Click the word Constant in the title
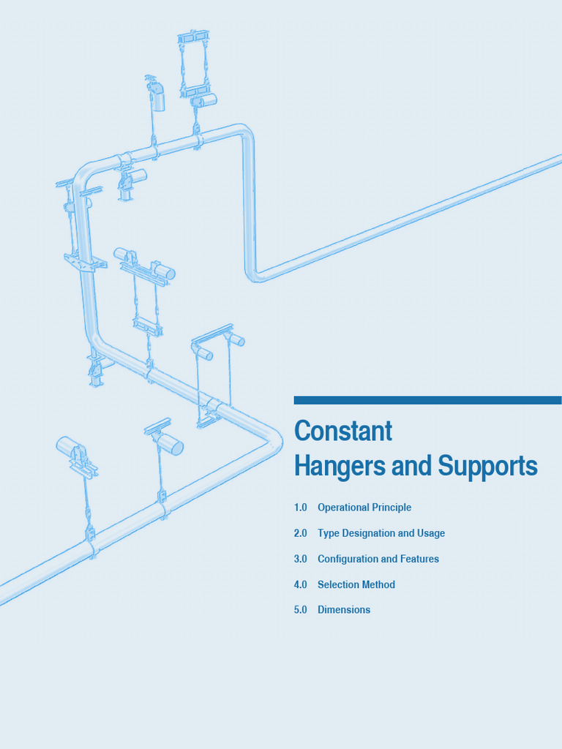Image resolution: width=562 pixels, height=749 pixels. click(x=343, y=432)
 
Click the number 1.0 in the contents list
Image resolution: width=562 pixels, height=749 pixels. click(x=301, y=508)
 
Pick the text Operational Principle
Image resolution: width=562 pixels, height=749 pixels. click(x=364, y=508)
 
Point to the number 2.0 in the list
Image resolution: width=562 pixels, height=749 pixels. click(x=301, y=533)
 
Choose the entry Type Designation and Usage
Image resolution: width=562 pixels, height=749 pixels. click(x=381, y=533)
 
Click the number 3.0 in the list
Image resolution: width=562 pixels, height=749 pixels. click(x=301, y=559)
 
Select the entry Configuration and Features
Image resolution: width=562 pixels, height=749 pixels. click(x=378, y=559)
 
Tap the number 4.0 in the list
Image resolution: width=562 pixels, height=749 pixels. click(x=301, y=584)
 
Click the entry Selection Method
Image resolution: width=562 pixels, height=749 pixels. click(x=356, y=584)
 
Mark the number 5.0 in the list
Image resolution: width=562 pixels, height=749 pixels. click(x=301, y=610)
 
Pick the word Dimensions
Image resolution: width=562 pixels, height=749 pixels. click(x=344, y=610)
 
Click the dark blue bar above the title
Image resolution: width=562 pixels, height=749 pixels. click(x=427, y=400)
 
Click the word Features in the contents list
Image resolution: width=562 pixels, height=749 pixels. click(x=420, y=559)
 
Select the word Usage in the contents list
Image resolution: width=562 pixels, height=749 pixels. click(x=430, y=533)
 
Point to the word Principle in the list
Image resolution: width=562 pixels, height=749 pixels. click(x=391, y=508)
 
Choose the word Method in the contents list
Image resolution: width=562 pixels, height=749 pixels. click(x=378, y=584)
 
